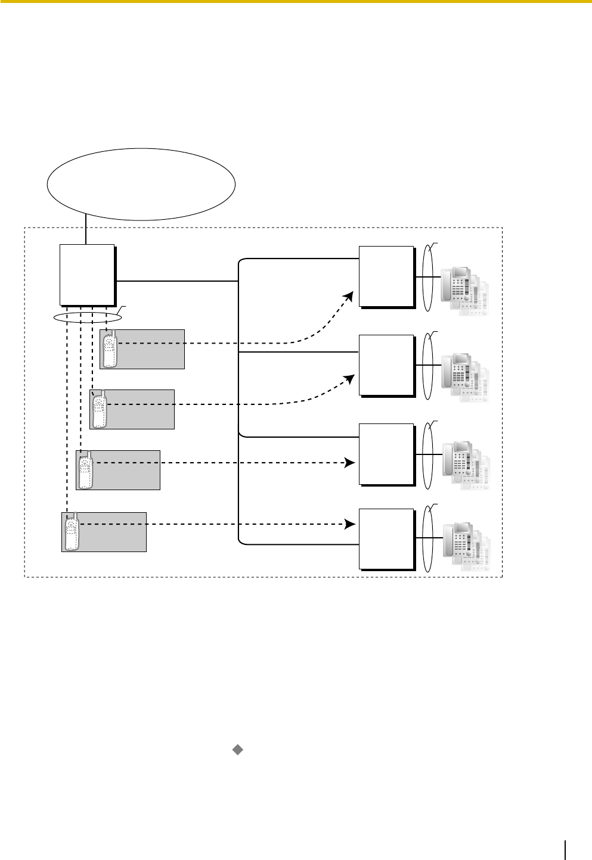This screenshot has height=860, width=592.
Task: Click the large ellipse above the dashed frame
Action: click(x=141, y=184)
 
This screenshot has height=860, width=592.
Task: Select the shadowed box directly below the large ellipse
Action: click(x=87, y=275)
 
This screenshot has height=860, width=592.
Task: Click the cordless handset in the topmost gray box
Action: click(x=109, y=350)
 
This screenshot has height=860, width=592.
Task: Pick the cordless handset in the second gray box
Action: click(x=100, y=410)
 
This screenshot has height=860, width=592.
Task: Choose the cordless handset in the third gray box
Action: click(x=86, y=470)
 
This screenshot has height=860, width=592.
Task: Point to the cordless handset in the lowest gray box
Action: click(x=72, y=531)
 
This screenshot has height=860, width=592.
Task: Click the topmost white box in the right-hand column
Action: click(x=386, y=276)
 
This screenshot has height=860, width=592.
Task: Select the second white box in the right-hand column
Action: click(x=386, y=365)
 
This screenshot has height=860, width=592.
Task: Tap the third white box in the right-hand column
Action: click(x=386, y=454)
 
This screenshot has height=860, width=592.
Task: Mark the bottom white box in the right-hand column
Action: click(x=386, y=538)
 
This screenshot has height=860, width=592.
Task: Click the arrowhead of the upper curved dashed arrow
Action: click(x=351, y=295)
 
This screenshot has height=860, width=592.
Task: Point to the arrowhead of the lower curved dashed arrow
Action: click(x=351, y=378)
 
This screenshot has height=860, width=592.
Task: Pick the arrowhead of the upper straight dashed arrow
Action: click(x=351, y=463)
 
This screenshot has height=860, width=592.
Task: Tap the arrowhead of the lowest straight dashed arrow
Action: click(x=351, y=524)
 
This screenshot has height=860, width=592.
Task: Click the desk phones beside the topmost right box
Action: click(x=464, y=291)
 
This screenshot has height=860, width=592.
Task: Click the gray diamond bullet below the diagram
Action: click(x=237, y=750)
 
